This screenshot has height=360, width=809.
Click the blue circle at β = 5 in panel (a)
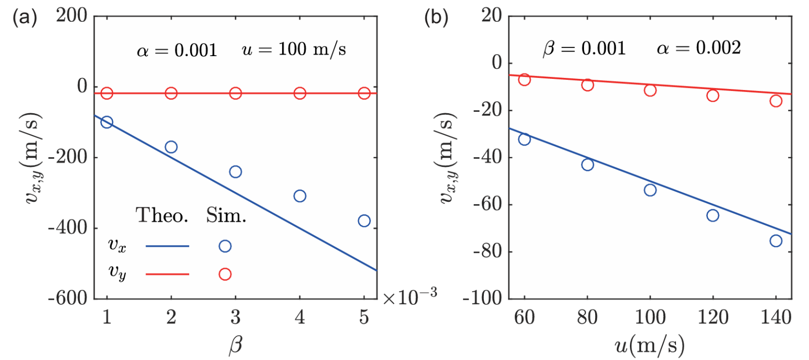364,221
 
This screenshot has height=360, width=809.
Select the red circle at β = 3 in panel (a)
236,93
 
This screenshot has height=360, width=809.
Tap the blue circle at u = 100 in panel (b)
650,190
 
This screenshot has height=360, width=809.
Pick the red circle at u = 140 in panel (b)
776,101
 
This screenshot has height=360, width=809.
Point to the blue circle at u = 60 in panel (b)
524,139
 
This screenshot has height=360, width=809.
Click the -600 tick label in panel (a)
68,298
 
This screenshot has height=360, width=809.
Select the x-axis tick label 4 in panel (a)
300,318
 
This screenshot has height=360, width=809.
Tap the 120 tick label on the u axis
712,318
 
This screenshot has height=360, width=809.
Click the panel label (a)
24,18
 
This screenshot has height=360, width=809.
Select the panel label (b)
436,18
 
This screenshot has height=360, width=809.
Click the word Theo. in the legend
162,216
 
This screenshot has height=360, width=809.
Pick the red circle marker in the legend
225,274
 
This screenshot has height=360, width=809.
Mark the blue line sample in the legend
167,246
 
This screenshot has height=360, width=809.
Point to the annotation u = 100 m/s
294,50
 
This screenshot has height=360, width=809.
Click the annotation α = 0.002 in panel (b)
698,48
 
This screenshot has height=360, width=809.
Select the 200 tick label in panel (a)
71,16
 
